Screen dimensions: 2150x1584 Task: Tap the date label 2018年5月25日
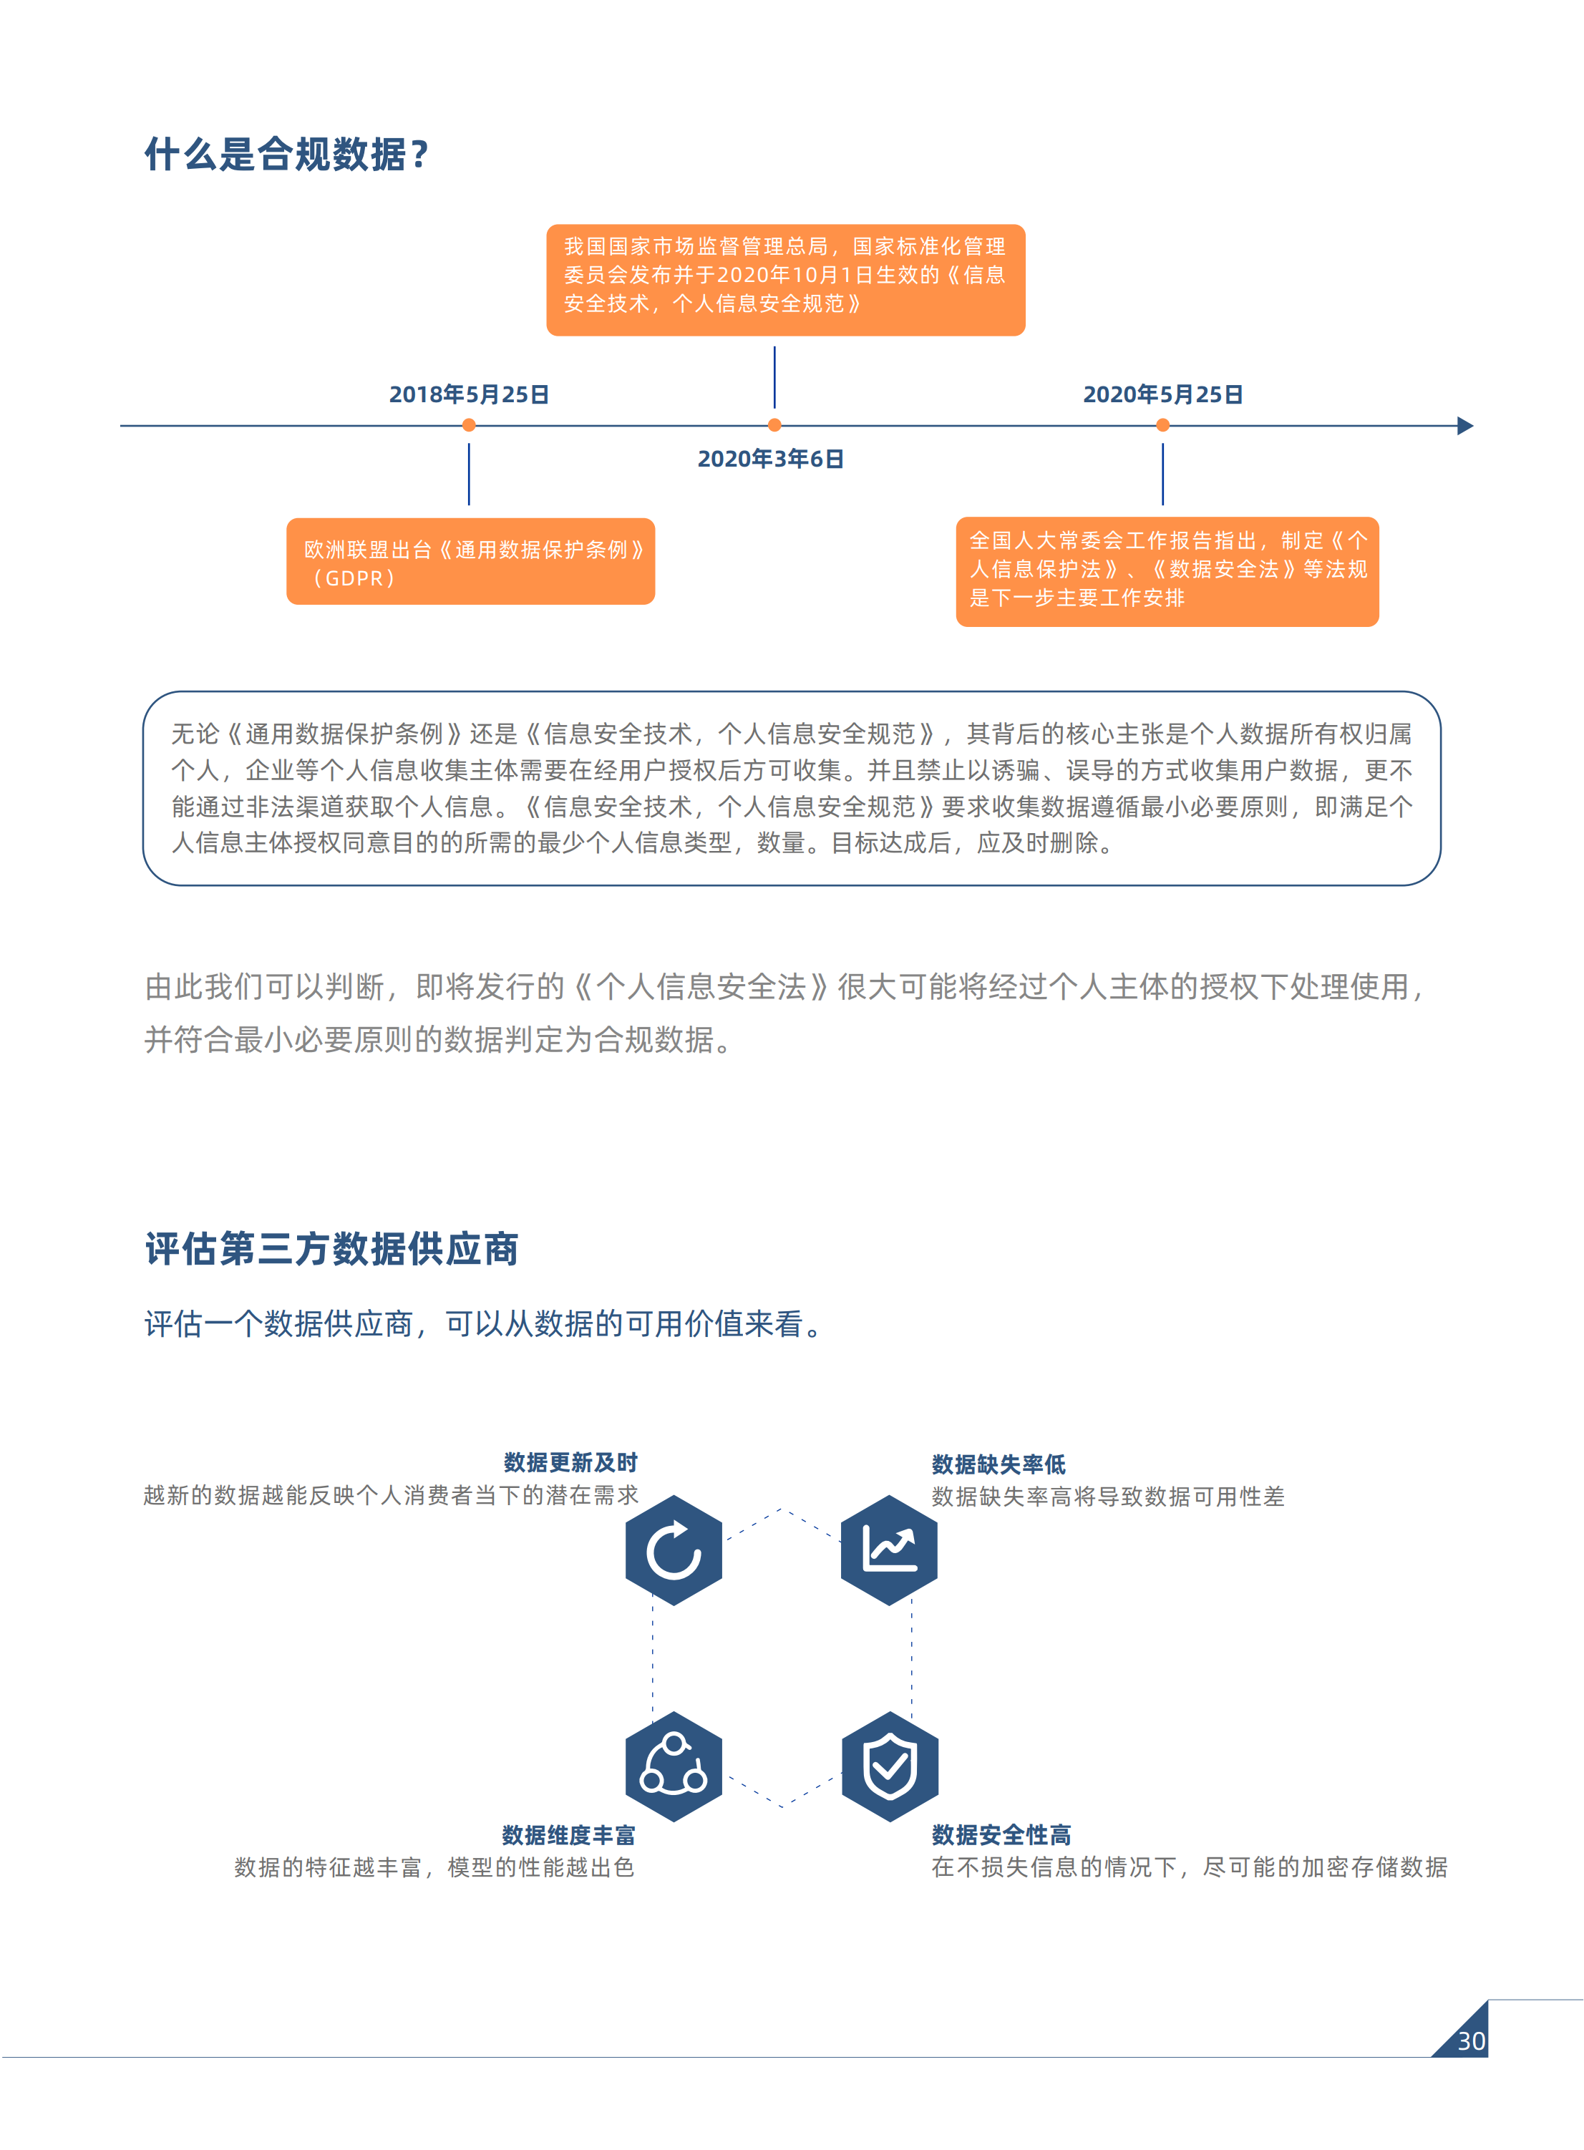coord(469,394)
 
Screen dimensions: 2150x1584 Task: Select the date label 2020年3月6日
coord(770,459)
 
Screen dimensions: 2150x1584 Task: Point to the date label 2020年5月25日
coord(1162,394)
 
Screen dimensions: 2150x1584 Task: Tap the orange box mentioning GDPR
coord(471,562)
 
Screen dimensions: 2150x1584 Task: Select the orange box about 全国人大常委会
coord(1167,571)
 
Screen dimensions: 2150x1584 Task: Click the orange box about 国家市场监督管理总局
coord(785,280)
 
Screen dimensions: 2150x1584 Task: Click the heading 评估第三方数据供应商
coord(331,1249)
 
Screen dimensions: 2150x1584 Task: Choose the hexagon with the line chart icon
coord(889,1550)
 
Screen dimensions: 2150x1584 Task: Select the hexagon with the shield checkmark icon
coord(889,1766)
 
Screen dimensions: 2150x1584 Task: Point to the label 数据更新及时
coord(570,1461)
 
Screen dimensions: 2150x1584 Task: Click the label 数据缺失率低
coord(998,1464)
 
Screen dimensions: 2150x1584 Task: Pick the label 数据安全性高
coord(1001,1834)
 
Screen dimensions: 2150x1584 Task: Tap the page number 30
coord(1471,2040)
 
